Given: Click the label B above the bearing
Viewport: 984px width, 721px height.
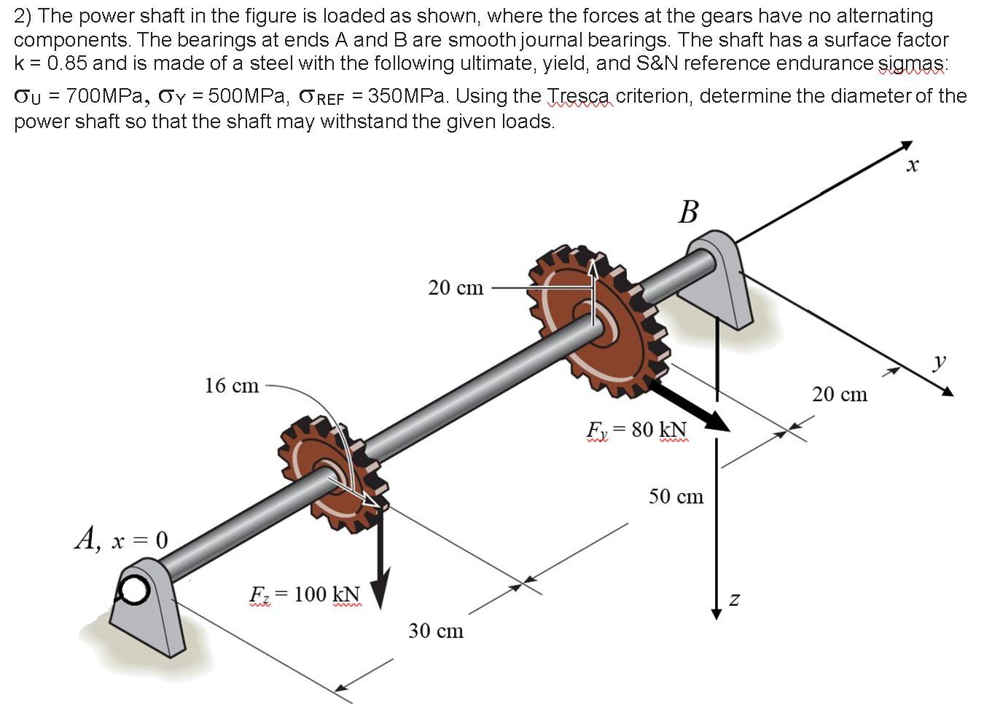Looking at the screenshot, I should point(688,212).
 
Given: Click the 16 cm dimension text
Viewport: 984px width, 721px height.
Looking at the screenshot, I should point(232,385).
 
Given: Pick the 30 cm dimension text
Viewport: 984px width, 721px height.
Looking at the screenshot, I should point(436,631).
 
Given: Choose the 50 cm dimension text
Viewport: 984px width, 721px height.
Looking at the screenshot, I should point(676,497).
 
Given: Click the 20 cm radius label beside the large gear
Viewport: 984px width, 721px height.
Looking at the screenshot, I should point(456,288).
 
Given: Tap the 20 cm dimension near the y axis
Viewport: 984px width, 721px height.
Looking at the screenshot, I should point(840,394).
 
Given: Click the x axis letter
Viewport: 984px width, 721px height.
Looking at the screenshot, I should point(912,167).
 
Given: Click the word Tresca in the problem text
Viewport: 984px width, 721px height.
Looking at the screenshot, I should point(581,96).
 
